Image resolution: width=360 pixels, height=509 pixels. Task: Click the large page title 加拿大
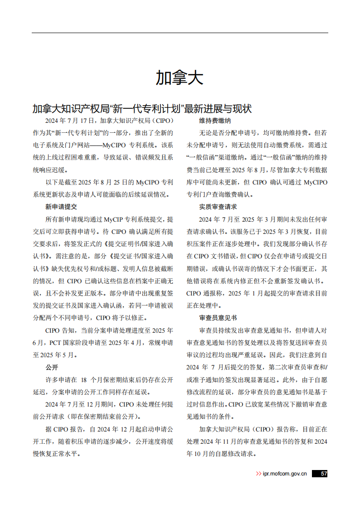pyautogui.click(x=180, y=78)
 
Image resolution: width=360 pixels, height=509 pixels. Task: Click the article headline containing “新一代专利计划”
pyautogui.click(x=142, y=109)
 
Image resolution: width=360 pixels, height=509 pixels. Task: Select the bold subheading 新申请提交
pyautogui.click(x=61, y=207)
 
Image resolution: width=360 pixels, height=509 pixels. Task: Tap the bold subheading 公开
pyautogui.click(x=52, y=367)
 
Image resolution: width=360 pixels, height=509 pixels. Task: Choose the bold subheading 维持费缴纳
pyautogui.click(x=215, y=121)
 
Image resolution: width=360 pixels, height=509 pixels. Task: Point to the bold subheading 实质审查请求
pyautogui.click(x=218, y=207)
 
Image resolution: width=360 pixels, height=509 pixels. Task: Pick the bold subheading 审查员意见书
pyautogui.click(x=218, y=318)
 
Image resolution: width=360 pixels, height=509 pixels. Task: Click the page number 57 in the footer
pyautogui.click(x=321, y=474)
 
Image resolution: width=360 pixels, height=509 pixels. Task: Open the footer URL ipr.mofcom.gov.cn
pyautogui.click(x=285, y=474)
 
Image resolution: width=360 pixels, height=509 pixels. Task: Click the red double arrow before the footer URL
pyautogui.click(x=258, y=474)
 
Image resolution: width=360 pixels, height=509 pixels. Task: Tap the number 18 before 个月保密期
pyautogui.click(x=83, y=379)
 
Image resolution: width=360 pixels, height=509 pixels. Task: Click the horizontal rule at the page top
pyautogui.click(x=180, y=33)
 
